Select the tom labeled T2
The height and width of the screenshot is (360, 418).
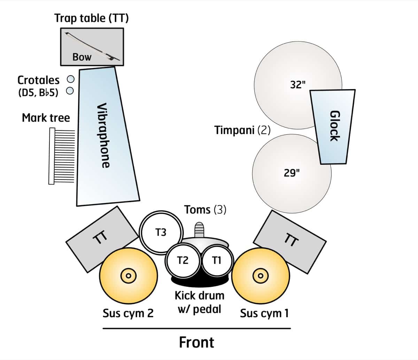(x=183, y=260)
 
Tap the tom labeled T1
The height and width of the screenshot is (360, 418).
(x=217, y=260)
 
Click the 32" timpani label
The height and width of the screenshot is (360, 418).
(x=298, y=84)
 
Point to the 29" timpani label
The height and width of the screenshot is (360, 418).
(x=292, y=173)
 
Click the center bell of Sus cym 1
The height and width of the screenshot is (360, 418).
(x=260, y=276)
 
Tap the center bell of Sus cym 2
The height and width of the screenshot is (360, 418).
(x=128, y=276)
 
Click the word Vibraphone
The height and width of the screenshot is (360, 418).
(x=103, y=135)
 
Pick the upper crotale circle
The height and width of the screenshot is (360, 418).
(x=70, y=79)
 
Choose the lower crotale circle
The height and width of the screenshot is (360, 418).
(x=70, y=91)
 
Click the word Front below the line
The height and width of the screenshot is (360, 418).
(x=196, y=343)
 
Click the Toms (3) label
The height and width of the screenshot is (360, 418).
(x=205, y=210)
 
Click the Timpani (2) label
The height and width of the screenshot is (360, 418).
(x=242, y=131)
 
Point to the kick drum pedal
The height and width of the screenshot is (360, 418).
(x=199, y=230)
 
